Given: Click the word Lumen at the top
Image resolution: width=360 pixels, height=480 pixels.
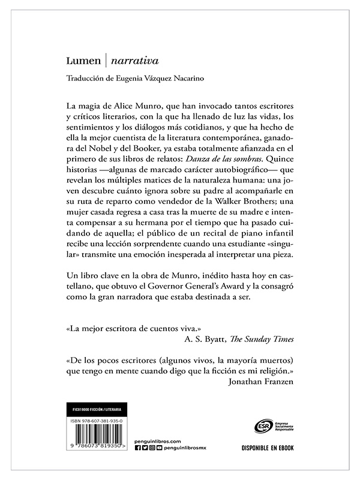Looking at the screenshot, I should (x=82, y=61).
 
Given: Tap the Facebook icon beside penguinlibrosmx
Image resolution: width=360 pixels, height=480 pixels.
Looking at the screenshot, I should (x=139, y=448).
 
